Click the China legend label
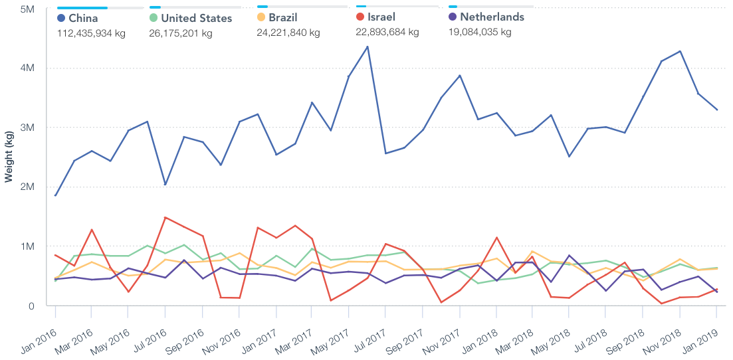point(83,18)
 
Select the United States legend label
point(196,18)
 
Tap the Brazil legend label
point(283,17)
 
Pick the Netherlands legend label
point(492,17)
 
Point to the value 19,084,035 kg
point(480,32)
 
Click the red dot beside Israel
point(360,17)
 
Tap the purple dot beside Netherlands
point(453,17)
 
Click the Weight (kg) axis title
point(9,157)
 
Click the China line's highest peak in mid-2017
point(367,46)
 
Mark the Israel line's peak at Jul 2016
point(165,218)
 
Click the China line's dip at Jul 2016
point(165,185)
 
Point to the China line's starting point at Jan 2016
point(56,196)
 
